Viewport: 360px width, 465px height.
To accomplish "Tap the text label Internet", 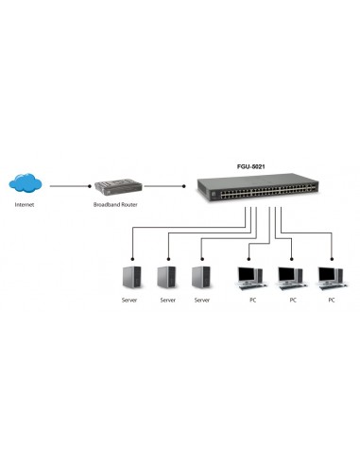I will coord(27,204).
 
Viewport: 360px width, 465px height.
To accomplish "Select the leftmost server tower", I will coord(133,277).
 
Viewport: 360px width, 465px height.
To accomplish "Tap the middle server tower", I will coord(167,277).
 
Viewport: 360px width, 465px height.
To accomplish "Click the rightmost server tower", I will coord(201,277).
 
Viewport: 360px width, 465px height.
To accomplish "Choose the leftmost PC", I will coord(249,276).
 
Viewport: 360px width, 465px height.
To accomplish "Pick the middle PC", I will coord(290,276).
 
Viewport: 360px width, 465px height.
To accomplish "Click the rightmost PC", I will coord(331,276).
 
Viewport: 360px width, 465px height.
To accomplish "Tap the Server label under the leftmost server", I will coord(133,301).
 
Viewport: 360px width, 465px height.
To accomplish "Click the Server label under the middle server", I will coord(167,301).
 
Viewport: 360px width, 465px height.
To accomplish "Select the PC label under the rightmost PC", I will coord(331,301).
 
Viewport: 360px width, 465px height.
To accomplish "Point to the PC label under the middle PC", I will coord(292,301).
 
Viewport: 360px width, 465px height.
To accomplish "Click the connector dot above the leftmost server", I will coord(133,257).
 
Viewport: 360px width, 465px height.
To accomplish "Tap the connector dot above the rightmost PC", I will coord(332,257).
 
